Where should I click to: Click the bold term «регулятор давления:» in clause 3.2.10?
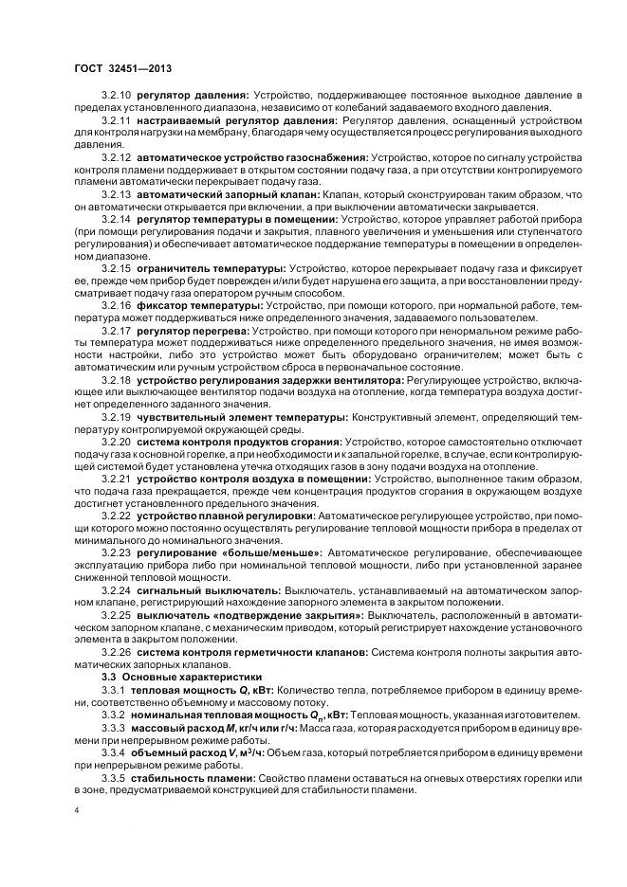point(193,97)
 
